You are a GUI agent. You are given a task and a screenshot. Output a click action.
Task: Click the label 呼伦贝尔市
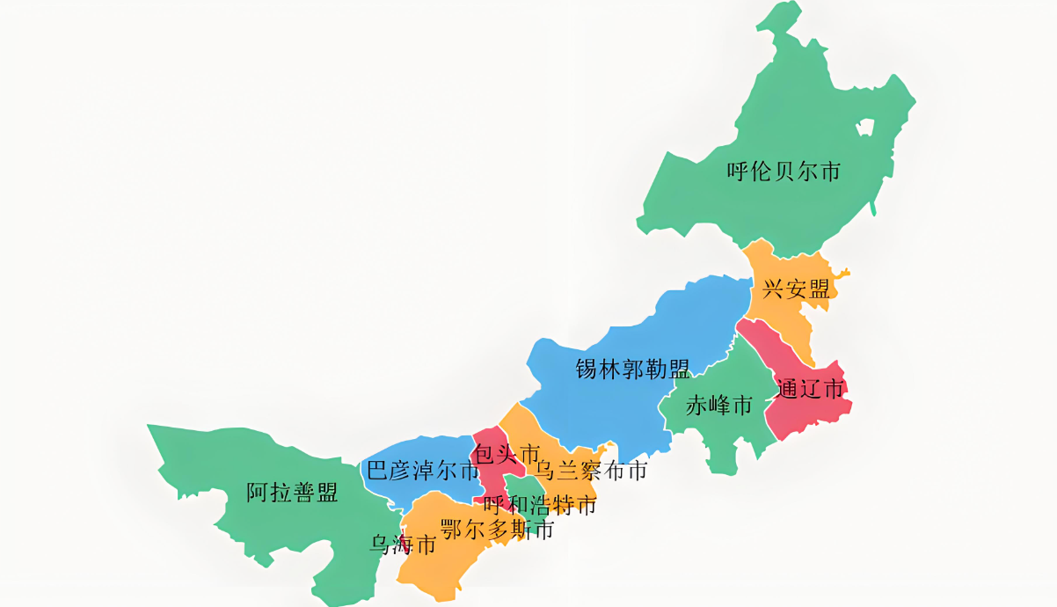784,171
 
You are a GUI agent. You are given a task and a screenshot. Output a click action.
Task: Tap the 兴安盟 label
796,289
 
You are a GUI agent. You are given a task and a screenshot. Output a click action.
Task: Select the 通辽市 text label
811,388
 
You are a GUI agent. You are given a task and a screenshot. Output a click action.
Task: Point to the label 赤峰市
718,406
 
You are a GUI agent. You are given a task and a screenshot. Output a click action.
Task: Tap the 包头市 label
506,454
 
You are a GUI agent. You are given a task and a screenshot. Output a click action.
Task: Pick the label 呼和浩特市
540,505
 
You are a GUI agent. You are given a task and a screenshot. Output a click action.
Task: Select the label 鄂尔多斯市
497,530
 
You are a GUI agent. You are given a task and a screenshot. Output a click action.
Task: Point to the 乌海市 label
403,545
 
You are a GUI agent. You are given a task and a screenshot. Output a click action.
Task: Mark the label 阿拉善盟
292,493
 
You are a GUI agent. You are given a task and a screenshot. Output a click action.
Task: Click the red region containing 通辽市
805,413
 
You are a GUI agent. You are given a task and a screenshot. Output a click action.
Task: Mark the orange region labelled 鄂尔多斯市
440,563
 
